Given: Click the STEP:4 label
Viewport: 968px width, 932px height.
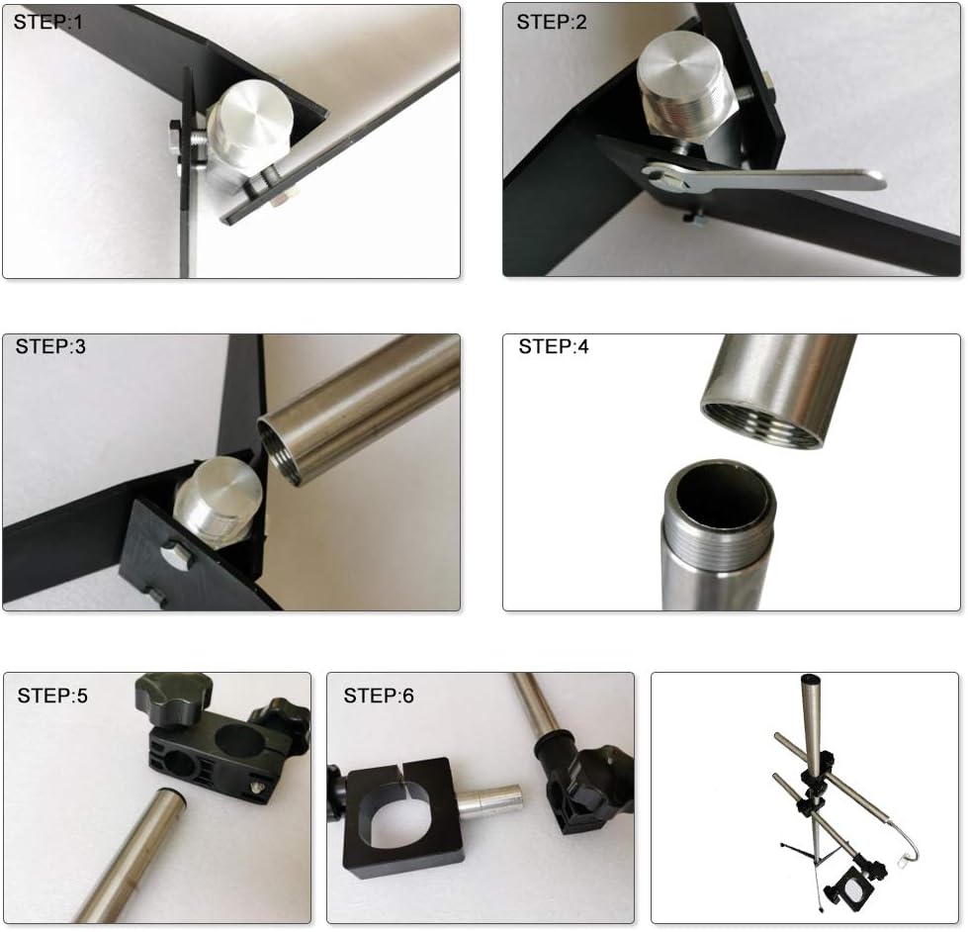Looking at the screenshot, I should (x=553, y=346).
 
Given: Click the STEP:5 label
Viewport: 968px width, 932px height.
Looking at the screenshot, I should (x=52, y=696).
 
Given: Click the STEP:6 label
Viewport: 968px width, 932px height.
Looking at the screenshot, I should (x=379, y=696).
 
